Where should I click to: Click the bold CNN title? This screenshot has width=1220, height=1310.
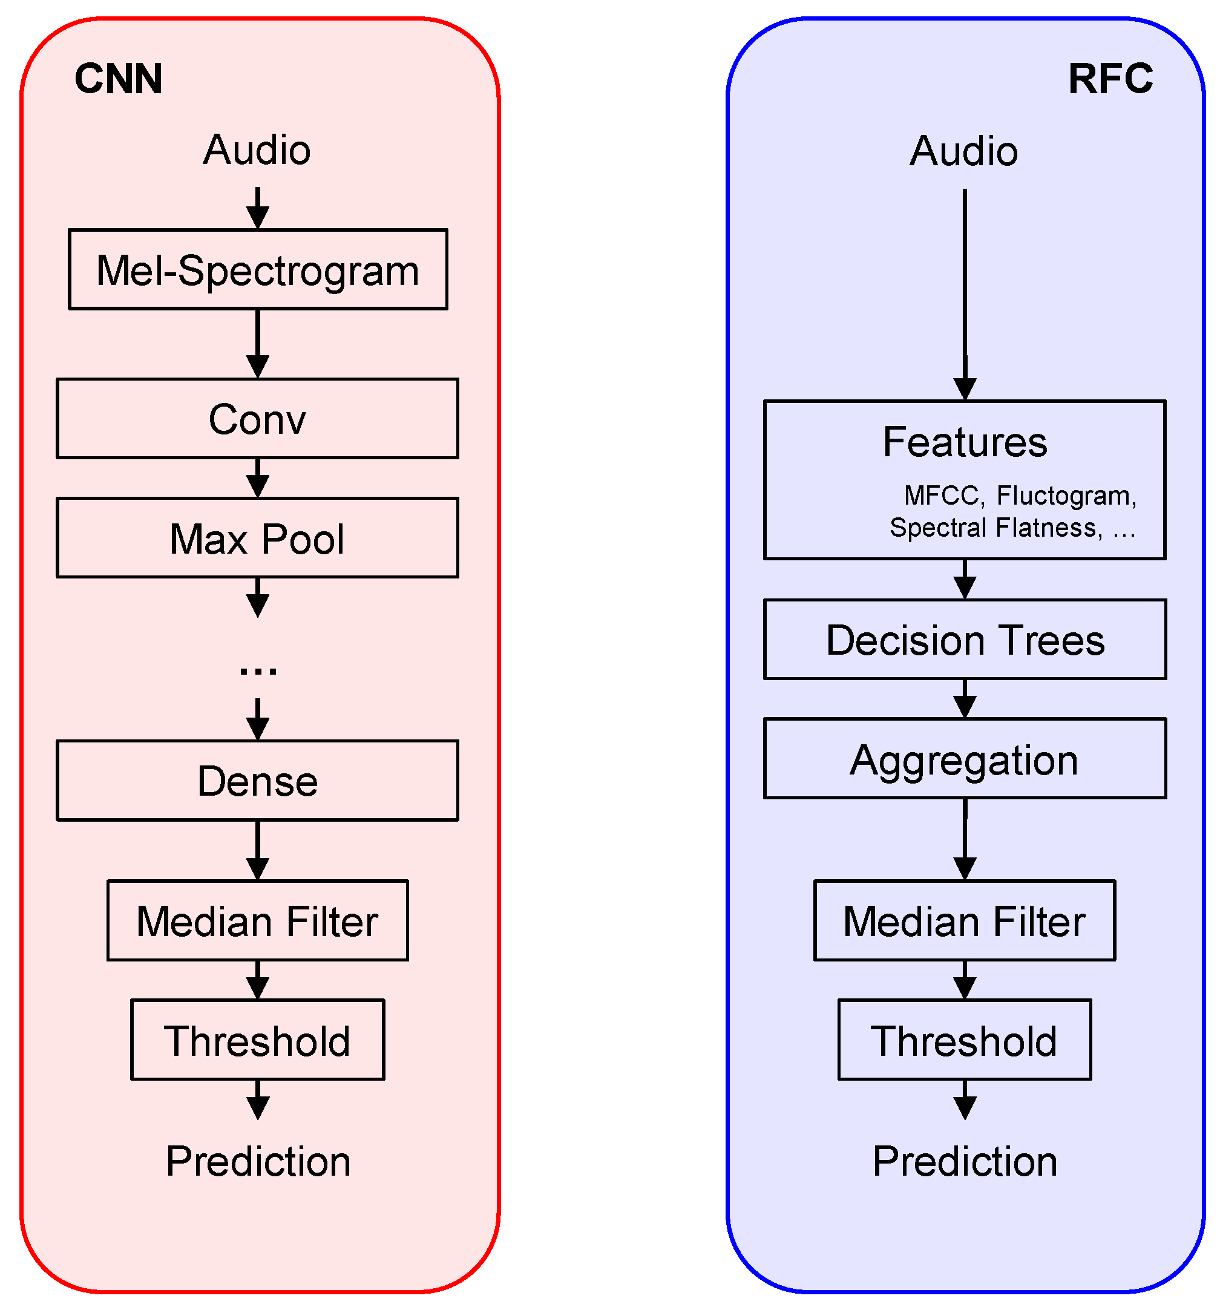click(119, 79)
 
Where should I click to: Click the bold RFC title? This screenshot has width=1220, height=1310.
click(1110, 79)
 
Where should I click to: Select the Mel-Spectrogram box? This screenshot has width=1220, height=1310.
click(258, 269)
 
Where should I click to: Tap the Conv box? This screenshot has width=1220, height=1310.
click(257, 419)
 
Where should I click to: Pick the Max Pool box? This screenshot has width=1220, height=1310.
click(257, 538)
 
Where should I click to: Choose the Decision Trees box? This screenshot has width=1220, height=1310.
click(965, 639)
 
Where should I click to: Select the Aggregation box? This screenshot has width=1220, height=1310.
click(965, 758)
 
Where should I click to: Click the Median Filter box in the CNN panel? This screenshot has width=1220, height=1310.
click(258, 920)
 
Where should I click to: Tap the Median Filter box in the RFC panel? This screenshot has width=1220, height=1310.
click(965, 920)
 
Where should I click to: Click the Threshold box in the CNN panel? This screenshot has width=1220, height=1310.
click(258, 1040)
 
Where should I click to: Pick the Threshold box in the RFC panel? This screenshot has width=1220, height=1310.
click(965, 1040)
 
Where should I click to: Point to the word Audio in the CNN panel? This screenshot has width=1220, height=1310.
click(257, 149)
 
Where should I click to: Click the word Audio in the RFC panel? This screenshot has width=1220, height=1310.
click(964, 151)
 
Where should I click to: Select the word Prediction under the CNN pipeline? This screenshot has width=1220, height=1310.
click(258, 1161)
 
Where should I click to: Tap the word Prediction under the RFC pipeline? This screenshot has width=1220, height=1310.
click(965, 1161)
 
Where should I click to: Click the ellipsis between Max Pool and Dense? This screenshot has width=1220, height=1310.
click(258, 669)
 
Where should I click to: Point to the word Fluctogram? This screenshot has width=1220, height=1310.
click(1066, 496)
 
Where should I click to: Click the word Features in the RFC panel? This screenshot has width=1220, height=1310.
click(965, 442)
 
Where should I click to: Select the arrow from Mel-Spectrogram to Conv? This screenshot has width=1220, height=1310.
click(258, 343)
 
